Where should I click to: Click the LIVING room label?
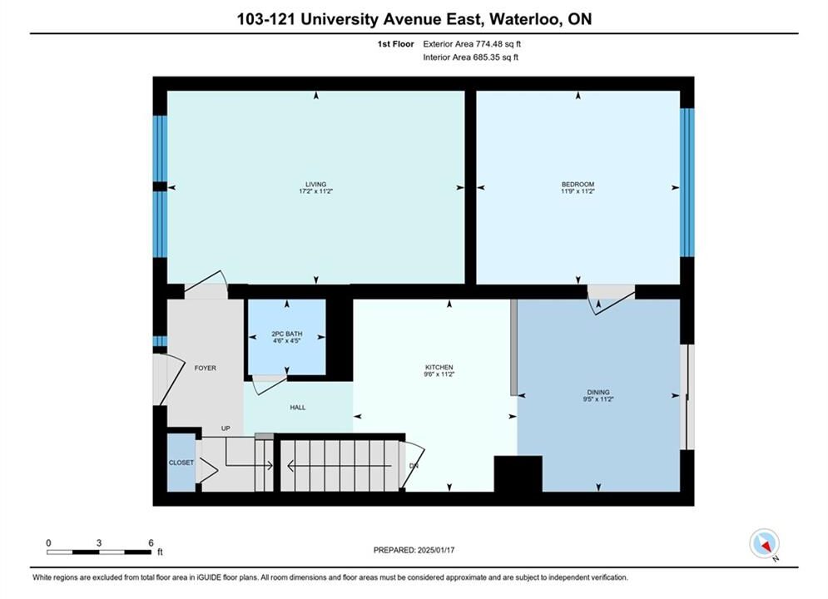315,184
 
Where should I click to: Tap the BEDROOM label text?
578,184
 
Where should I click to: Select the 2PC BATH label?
287,334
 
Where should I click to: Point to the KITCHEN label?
439,368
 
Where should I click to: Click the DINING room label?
597,392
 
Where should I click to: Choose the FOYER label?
205,368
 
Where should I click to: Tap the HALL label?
297,408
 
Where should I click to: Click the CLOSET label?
181,463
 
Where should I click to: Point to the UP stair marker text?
226,428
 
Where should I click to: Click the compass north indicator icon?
764,543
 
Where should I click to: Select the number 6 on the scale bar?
151,542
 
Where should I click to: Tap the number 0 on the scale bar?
48,542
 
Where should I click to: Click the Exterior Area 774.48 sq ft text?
472,44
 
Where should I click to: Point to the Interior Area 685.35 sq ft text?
470,57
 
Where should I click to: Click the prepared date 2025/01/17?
436,550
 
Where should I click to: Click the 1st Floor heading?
395,44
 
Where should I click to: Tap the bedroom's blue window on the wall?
687,182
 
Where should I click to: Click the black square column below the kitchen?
518,474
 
